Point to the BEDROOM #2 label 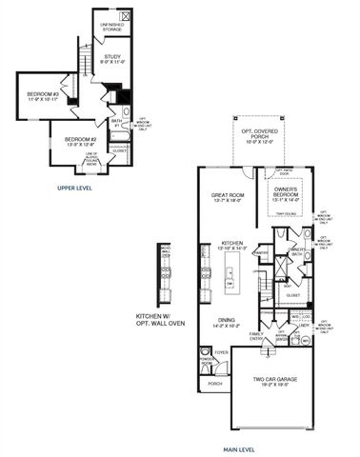pos(79,141)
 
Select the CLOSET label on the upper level pos(119,149)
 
